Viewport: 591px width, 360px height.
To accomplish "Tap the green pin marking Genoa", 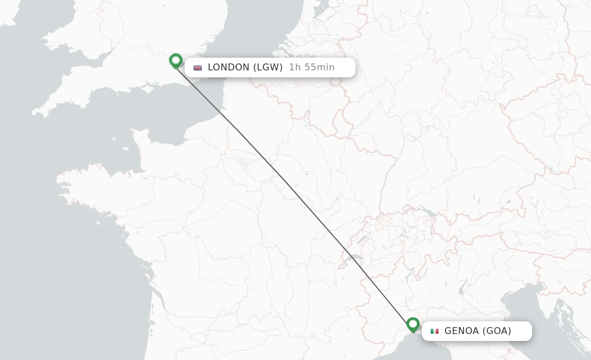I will (413, 325).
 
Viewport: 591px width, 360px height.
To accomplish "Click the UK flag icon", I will (198, 67).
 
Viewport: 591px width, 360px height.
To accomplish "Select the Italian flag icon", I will (435, 331).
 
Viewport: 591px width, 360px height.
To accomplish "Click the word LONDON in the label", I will (228, 67).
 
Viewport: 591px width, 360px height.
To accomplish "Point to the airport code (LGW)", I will (268, 67).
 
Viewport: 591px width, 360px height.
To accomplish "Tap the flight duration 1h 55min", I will (312, 67).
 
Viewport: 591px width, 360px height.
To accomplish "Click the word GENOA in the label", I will (462, 331).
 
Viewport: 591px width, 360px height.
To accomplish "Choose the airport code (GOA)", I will (497, 331).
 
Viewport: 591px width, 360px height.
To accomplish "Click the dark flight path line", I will (294, 196).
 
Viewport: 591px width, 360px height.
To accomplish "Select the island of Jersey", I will (126, 149).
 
